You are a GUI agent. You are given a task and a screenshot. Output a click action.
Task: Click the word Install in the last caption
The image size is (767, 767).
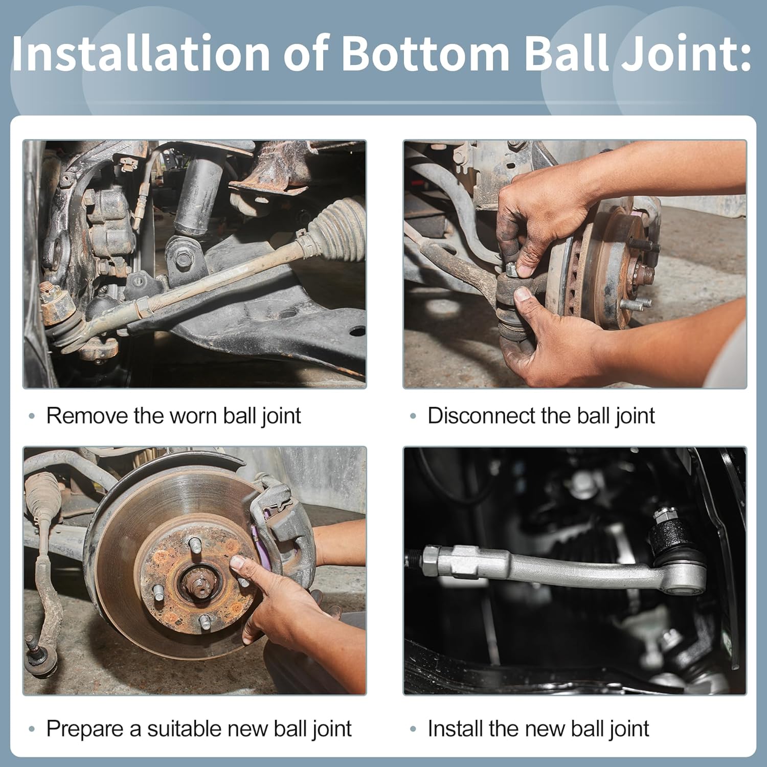tap(455, 729)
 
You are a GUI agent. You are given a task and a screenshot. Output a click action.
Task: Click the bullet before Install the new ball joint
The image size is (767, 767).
tap(413, 729)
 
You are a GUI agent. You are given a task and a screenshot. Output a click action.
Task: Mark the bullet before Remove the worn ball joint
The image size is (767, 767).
tap(32, 416)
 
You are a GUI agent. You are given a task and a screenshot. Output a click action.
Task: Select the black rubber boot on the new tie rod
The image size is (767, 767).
tap(670, 542)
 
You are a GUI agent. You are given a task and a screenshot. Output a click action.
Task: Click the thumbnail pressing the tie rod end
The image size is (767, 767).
tap(523, 294)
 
